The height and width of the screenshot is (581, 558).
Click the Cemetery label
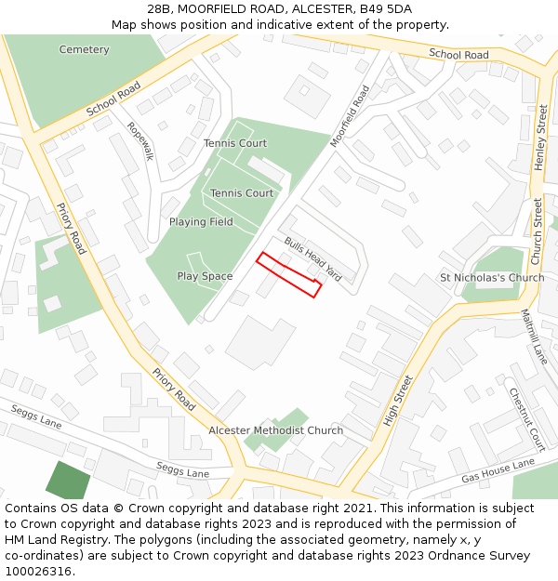(84, 49)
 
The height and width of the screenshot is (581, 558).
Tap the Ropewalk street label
(140, 141)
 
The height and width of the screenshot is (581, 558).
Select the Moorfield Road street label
(350, 116)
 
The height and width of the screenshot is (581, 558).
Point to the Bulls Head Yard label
(313, 260)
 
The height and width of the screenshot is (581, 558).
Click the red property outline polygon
(288, 274)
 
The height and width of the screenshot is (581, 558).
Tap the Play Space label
(205, 276)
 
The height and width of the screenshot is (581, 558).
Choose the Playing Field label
(201, 222)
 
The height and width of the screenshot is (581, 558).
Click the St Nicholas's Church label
(492, 278)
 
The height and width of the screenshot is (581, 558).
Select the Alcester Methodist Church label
(275, 430)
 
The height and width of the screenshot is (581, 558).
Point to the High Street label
(397, 401)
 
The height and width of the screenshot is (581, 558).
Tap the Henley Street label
(539, 138)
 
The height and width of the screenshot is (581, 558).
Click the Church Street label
(537, 231)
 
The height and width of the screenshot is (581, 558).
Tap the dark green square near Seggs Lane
(69, 481)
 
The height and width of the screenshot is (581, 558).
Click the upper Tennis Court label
(235, 143)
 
